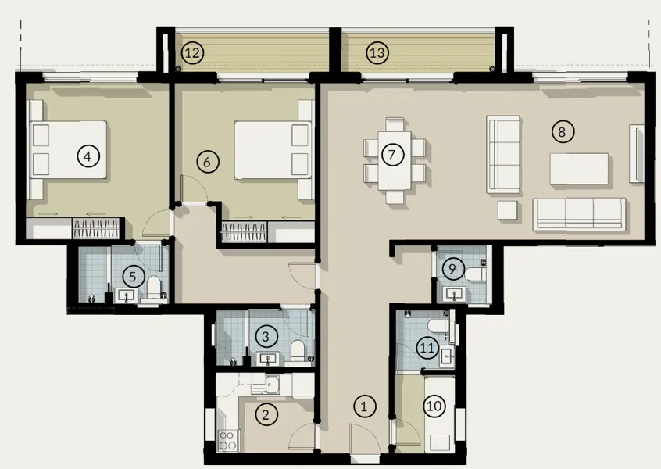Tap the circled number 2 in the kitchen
[266, 415]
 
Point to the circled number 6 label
[205, 162]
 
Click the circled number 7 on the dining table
[392, 155]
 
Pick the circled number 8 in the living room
[561, 131]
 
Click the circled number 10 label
[434, 406]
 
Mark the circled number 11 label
[427, 349]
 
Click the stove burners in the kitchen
[229, 440]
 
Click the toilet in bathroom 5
[156, 287]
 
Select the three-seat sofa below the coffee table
[579, 213]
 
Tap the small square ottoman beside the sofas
[508, 209]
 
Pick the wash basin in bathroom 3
[268, 360]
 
